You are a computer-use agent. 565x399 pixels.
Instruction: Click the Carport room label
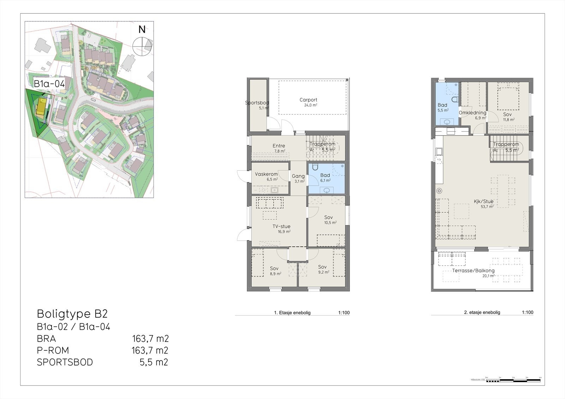click(x=308, y=100)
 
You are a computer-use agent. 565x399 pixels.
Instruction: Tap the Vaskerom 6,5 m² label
click(x=266, y=174)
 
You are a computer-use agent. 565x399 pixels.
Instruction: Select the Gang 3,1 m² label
click(x=298, y=176)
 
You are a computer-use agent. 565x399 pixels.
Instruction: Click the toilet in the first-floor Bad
click(x=315, y=167)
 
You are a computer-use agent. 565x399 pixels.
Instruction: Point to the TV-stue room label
click(x=281, y=226)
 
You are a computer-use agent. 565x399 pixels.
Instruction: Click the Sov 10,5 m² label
click(x=328, y=217)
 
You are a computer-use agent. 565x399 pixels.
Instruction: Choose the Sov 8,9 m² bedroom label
click(x=274, y=268)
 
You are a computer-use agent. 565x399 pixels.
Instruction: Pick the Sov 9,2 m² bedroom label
click(x=322, y=267)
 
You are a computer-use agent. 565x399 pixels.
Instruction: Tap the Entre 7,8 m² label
click(x=279, y=146)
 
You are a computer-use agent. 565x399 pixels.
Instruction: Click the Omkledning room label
click(x=472, y=113)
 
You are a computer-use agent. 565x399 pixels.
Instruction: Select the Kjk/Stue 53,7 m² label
click(x=483, y=202)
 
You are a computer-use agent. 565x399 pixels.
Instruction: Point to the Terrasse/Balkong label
click(x=473, y=271)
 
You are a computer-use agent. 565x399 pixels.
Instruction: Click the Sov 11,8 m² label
click(x=507, y=115)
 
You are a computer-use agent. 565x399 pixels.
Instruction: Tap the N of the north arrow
click(x=142, y=30)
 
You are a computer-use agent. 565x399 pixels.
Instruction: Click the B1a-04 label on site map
click(x=49, y=84)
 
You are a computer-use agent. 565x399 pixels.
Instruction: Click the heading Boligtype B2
click(x=72, y=314)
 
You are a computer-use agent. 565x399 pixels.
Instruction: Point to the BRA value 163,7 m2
click(x=150, y=339)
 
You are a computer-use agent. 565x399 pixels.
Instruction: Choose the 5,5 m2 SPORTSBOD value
click(x=154, y=362)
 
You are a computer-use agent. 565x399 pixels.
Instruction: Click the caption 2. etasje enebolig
click(x=482, y=313)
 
